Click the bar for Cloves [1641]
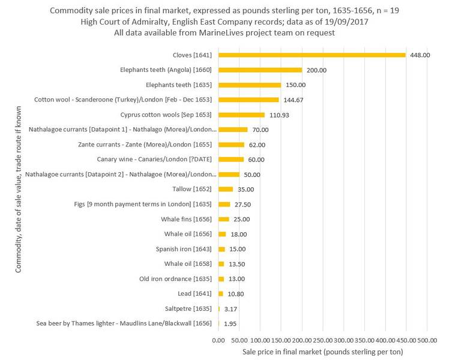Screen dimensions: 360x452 tap(312, 55)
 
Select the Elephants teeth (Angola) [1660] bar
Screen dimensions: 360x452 tap(260, 70)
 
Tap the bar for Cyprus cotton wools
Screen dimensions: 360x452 tap(241, 115)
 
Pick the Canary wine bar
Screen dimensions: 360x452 tap(231, 160)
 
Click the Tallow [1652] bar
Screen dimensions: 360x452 tap(226, 189)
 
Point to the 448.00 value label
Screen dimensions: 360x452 tap(420, 55)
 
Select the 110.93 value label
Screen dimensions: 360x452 tap(281, 115)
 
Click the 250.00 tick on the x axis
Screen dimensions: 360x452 tap(323, 340)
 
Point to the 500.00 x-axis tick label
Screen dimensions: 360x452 tap(427, 340)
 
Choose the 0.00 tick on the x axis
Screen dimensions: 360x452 tap(218, 340)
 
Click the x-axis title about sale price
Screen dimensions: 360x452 tap(322, 351)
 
